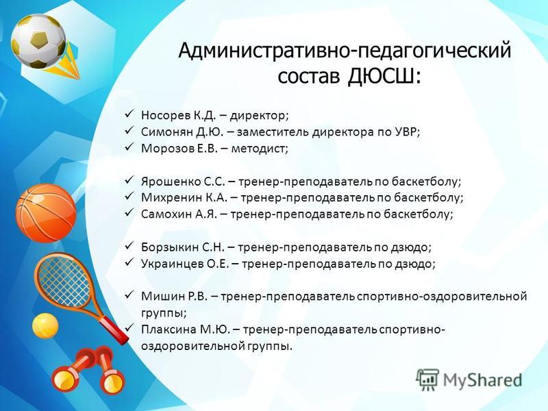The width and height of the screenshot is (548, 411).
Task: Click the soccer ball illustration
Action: point(38,41)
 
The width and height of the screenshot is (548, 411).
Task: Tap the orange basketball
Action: point(46,213)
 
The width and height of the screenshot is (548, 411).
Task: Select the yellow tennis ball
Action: point(45,326)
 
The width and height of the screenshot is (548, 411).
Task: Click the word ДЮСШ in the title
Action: point(384,77)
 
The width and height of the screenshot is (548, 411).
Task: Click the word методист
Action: point(260,149)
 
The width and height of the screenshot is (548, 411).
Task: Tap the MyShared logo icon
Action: point(427,379)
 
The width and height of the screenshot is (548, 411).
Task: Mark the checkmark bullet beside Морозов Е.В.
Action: point(129,147)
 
